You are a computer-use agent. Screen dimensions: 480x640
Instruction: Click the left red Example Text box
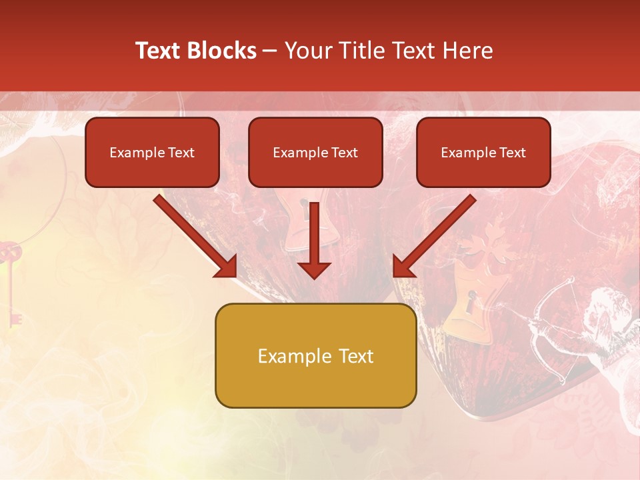pyautogui.click(x=152, y=153)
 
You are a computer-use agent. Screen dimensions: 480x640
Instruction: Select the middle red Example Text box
pyautogui.click(x=315, y=153)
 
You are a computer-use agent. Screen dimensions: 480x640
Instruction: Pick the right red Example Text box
pyautogui.click(x=483, y=153)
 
